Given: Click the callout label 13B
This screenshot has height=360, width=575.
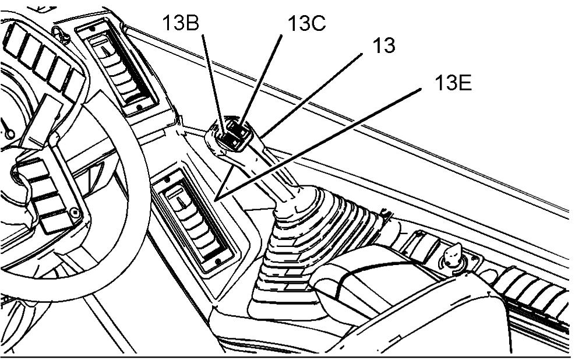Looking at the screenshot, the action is [181, 23].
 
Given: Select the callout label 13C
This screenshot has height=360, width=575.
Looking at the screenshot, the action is [306, 24].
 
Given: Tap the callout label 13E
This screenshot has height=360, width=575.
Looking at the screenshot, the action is [453, 83].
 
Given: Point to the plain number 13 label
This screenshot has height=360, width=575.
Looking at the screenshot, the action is [383, 46].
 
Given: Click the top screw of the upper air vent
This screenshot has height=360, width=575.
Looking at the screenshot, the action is [93, 28].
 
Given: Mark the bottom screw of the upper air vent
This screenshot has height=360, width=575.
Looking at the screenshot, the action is [139, 107].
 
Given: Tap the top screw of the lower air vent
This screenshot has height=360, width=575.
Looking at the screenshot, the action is [167, 180].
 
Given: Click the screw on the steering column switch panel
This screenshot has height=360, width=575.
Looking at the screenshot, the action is [75, 213].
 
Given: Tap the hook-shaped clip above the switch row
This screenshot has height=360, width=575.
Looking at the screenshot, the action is [63, 34].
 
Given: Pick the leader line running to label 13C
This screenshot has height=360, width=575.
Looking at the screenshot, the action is [261, 80].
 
